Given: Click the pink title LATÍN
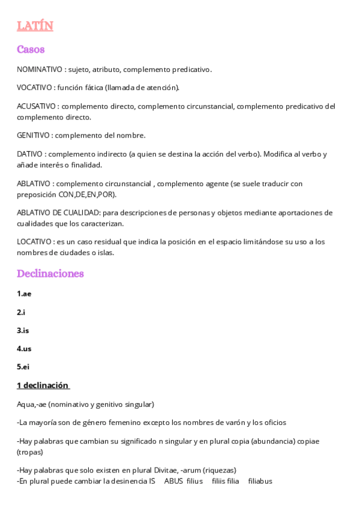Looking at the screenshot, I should [x=35, y=25].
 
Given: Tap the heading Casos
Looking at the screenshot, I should [x=31, y=49].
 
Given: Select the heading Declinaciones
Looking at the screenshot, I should [x=50, y=273].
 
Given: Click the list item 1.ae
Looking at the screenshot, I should [x=24, y=294].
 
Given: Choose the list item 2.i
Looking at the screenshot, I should [x=21, y=312].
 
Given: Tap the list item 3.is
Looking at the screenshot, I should [x=23, y=330].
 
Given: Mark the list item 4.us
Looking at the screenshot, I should [x=23, y=348].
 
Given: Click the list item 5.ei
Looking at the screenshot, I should [x=23, y=366].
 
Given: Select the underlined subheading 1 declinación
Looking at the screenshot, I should [x=43, y=385].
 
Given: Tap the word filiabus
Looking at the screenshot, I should [x=260, y=481].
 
